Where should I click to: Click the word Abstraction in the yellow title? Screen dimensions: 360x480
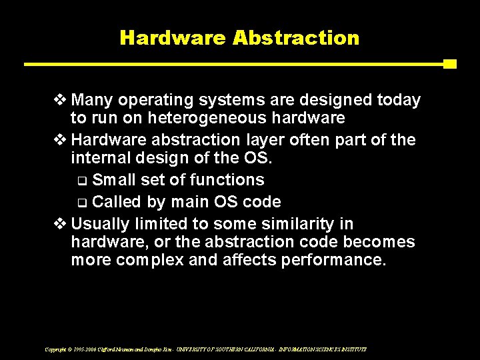click(x=296, y=37)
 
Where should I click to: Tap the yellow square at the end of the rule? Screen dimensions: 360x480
click(x=449, y=64)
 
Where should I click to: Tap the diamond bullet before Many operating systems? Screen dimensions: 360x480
click(x=60, y=101)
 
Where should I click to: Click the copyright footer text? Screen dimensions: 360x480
click(x=205, y=349)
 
